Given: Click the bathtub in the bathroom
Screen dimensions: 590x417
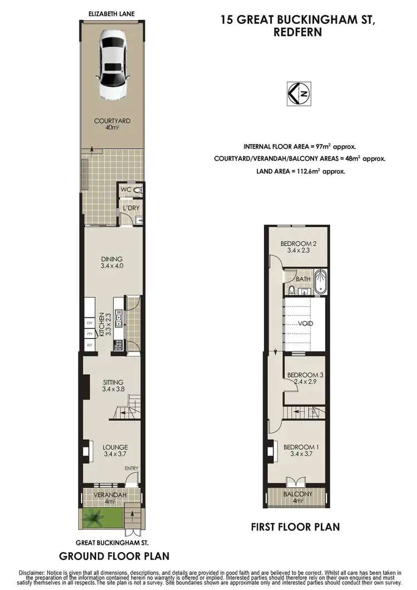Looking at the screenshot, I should (x=320, y=282).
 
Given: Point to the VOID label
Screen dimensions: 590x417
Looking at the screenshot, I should (x=305, y=324).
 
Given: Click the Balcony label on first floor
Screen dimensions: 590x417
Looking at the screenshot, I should (x=298, y=494).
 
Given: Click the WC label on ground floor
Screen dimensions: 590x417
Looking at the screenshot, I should (x=126, y=190).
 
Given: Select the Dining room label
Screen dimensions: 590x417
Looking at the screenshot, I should (x=112, y=259).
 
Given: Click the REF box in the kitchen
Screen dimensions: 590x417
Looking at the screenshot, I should (x=89, y=345).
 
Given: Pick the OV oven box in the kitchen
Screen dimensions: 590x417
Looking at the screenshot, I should (x=89, y=323).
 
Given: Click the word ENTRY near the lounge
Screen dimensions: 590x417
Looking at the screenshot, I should (x=131, y=468).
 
